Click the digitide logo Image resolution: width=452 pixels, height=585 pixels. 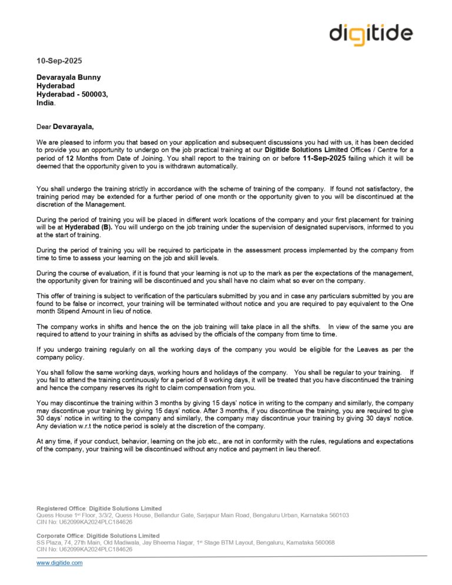(x=371, y=33)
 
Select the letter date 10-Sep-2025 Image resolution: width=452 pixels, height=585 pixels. (x=59, y=61)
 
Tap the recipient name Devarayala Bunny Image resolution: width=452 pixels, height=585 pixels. (x=69, y=77)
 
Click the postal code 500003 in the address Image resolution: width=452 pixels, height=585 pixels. (x=93, y=94)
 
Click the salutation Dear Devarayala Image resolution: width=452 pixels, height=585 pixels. (x=65, y=125)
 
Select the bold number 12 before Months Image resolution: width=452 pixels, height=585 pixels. (x=69, y=158)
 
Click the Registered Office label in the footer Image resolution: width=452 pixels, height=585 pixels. (x=62, y=508)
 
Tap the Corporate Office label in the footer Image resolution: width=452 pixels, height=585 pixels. (x=61, y=536)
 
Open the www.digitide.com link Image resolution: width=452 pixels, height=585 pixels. (x=59, y=563)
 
